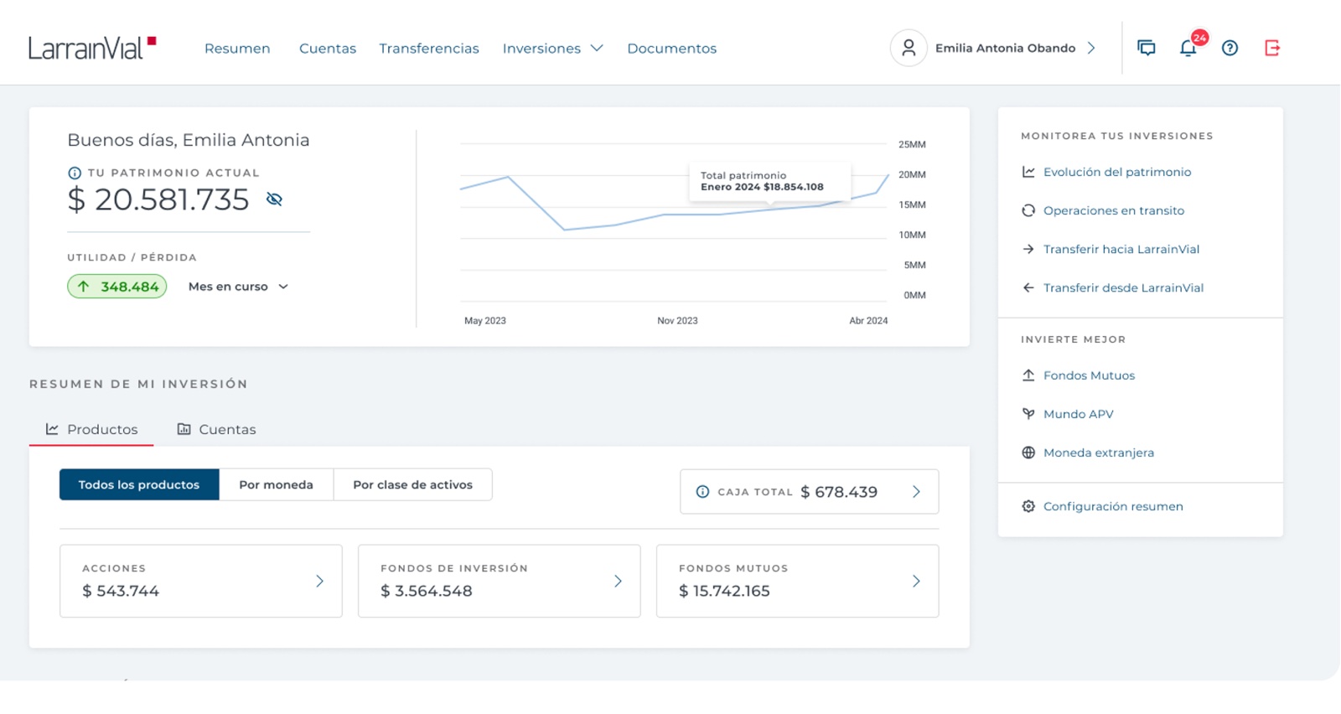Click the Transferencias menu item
tap(428, 49)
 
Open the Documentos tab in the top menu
tap(671, 49)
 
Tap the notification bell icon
tap(1188, 48)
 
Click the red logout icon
tap(1272, 48)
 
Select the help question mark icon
tap(1230, 48)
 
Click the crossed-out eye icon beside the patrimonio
tap(274, 199)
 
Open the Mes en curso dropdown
tap(238, 287)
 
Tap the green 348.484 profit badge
tap(116, 287)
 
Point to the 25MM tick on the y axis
tap(912, 144)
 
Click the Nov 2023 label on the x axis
tap(677, 321)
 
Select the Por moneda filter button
tap(276, 484)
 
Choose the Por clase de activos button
tap(412, 484)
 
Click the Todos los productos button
tap(139, 484)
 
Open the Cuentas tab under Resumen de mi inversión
tap(217, 429)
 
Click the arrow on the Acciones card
tap(319, 581)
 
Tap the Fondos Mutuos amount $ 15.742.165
tap(724, 592)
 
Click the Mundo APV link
tap(1078, 414)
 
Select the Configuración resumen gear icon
tap(1028, 506)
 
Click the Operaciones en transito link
tap(1114, 210)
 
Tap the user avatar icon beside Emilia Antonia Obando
tap(909, 48)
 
